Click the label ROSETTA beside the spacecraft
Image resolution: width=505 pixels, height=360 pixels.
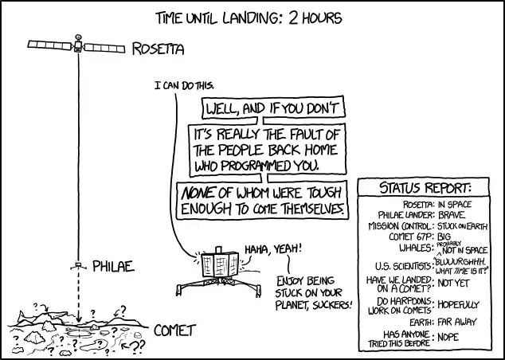pos(159,49)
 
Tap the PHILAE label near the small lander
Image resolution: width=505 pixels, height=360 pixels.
pos(113,266)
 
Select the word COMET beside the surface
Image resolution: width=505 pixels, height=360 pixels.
pos(175,331)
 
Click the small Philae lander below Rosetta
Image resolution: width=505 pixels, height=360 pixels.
pos(78,266)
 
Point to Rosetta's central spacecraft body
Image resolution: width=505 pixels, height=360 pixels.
pos(78,46)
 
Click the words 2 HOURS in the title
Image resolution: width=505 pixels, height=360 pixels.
pos(315,18)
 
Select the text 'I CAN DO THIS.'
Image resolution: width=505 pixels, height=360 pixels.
pos(184,86)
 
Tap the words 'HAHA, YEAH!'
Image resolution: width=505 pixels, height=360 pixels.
pos(273,249)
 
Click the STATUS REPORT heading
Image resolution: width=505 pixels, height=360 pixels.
pos(425,188)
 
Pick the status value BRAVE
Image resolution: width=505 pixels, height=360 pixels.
pos(452,215)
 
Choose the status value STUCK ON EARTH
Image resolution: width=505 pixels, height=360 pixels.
pos(463,226)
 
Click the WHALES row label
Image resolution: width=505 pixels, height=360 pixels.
pos(415,248)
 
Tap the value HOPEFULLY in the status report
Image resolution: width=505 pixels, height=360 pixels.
pos(459,304)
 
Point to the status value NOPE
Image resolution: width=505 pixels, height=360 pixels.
pos(448,337)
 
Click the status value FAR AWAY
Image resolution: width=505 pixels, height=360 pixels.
pos(457,322)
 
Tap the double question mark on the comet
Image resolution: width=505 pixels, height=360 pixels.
pos(138,345)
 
